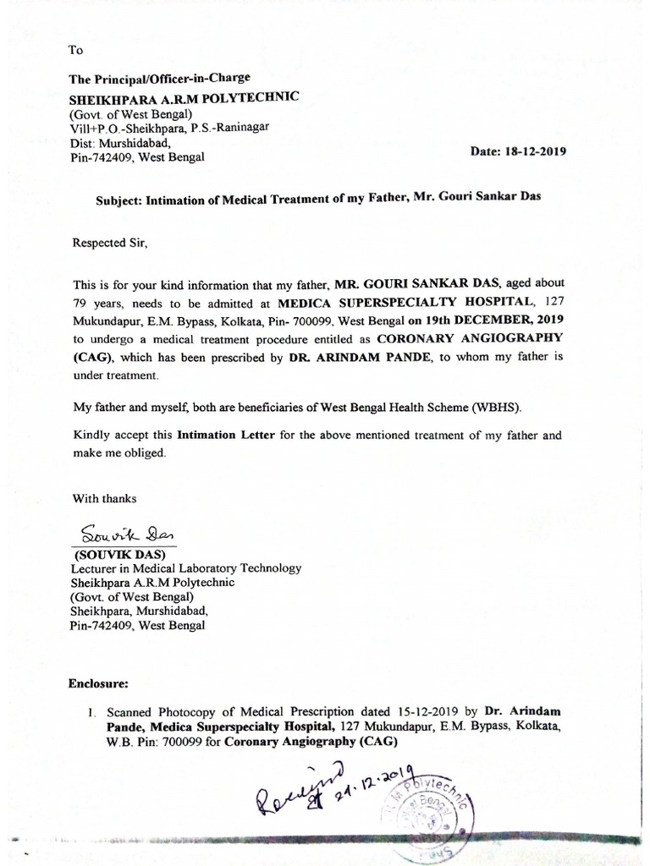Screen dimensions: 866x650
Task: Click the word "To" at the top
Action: (75, 51)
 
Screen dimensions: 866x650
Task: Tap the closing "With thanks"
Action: (104, 499)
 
